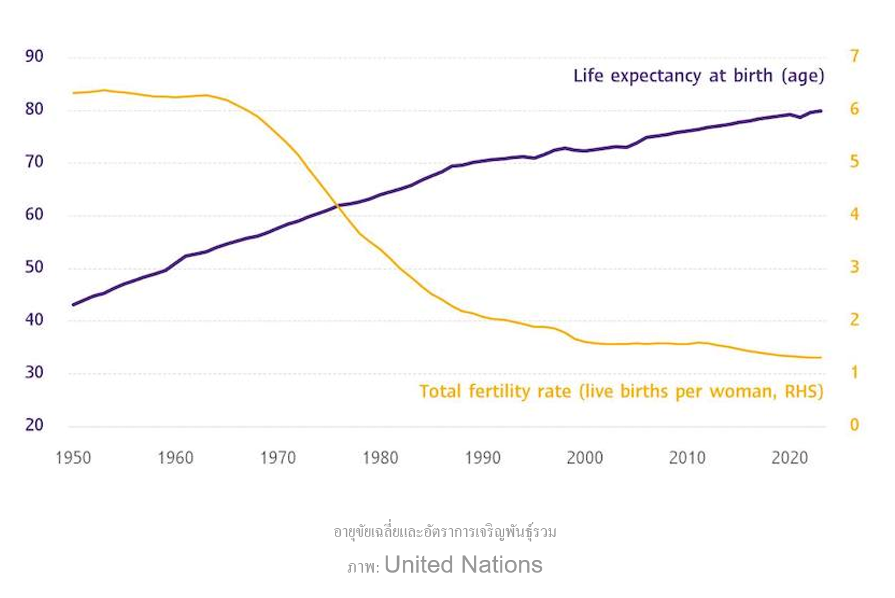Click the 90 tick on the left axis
(x=34, y=56)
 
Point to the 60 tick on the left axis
(x=34, y=215)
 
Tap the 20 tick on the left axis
(x=34, y=425)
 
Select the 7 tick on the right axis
(x=854, y=56)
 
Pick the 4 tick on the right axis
(x=854, y=215)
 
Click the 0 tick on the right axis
(x=854, y=425)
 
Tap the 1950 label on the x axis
(x=73, y=458)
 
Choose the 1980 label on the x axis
(x=380, y=458)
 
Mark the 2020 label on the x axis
(x=790, y=458)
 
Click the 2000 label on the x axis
(x=585, y=458)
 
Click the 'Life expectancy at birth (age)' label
(x=698, y=76)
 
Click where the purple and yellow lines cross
(x=337, y=205)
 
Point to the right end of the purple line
(x=821, y=111)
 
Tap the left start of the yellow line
(x=74, y=93)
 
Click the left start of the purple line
(x=74, y=305)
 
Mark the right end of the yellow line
(x=821, y=357)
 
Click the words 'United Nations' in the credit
(x=463, y=564)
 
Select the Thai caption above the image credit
(x=445, y=531)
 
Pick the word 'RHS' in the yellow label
(x=802, y=391)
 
